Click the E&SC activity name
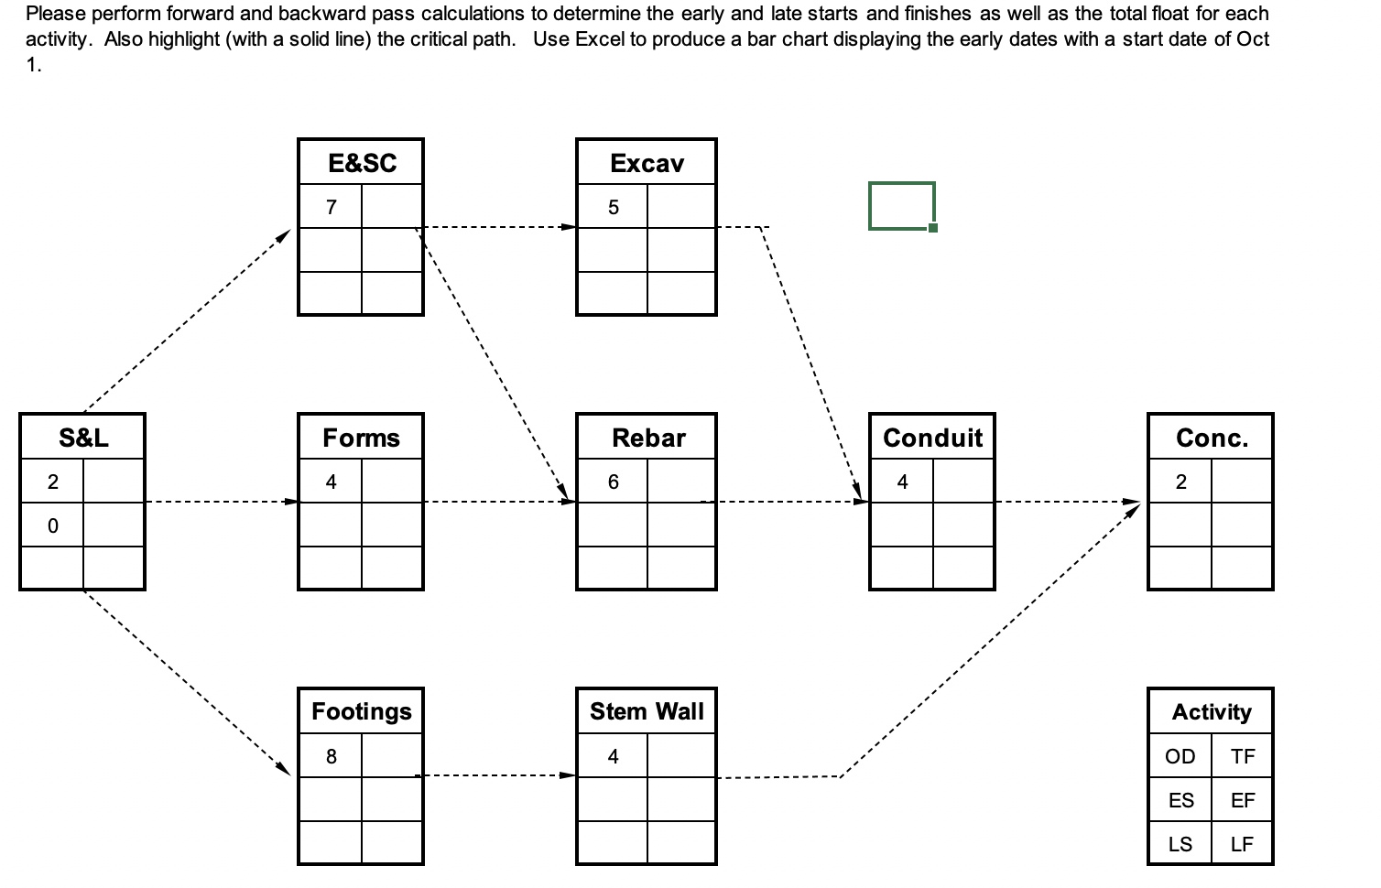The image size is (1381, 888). click(362, 163)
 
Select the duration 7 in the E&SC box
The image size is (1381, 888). click(331, 207)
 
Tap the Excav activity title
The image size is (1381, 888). click(647, 163)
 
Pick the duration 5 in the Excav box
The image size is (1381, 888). click(613, 207)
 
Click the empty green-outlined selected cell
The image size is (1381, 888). click(901, 205)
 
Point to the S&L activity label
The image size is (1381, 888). click(83, 438)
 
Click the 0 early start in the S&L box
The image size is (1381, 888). click(52, 525)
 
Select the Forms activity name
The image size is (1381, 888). click(361, 438)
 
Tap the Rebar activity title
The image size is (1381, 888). click(648, 438)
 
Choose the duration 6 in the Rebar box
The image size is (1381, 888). click(613, 482)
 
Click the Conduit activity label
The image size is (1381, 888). click(932, 438)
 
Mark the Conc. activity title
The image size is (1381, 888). click(1212, 438)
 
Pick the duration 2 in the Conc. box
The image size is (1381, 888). click(1180, 482)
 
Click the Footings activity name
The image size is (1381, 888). click(361, 711)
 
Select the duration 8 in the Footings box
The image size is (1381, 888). click(331, 756)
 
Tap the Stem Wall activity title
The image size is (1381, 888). click(647, 711)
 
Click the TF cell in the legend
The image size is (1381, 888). click(1242, 756)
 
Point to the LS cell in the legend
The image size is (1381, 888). click(1180, 844)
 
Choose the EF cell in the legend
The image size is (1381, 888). click(1242, 800)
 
